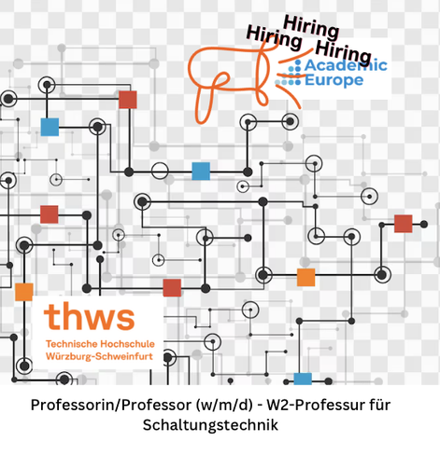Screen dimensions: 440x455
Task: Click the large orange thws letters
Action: pos(90,317)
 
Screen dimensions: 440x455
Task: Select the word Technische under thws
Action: pos(71,344)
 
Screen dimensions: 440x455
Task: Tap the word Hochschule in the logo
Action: pos(128,344)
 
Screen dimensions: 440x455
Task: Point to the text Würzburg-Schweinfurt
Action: pos(99,356)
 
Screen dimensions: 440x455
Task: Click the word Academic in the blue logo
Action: pos(346,65)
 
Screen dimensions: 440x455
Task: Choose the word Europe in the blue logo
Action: pos(334,80)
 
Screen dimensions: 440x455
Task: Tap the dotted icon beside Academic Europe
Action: pos(289,73)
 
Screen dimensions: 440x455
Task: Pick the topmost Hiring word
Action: pos(311,28)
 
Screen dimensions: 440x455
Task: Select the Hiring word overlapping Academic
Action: pos(344,52)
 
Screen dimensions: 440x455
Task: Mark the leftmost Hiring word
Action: pos(274,38)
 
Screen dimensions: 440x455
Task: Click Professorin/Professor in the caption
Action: pos(111,405)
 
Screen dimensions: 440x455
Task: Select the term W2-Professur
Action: pos(315,405)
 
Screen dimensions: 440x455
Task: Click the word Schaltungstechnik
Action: pos(210,425)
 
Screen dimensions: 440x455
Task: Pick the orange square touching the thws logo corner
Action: pos(24,292)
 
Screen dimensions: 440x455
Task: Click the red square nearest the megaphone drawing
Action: pos(128,100)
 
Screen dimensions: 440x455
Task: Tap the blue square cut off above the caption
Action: pos(303,379)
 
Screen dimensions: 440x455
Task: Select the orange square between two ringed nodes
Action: pos(305,277)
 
